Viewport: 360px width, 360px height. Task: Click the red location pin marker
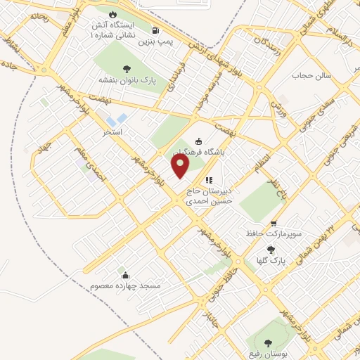pos(181,166)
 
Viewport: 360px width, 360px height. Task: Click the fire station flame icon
pos(112,13)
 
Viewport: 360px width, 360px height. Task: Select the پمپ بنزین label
pos(155,42)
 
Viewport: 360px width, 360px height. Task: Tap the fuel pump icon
pos(155,30)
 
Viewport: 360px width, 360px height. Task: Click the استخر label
pos(112,131)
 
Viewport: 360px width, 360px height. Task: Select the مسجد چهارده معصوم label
pos(125,286)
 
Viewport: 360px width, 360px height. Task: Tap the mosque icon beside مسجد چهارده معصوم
pos(125,274)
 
